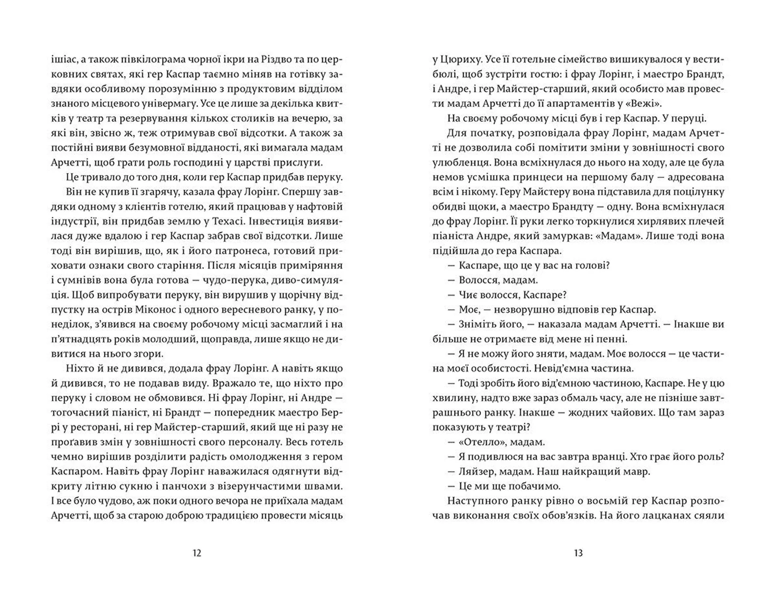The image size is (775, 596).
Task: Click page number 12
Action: click(197, 553)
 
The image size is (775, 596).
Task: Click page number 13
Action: click(578, 553)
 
